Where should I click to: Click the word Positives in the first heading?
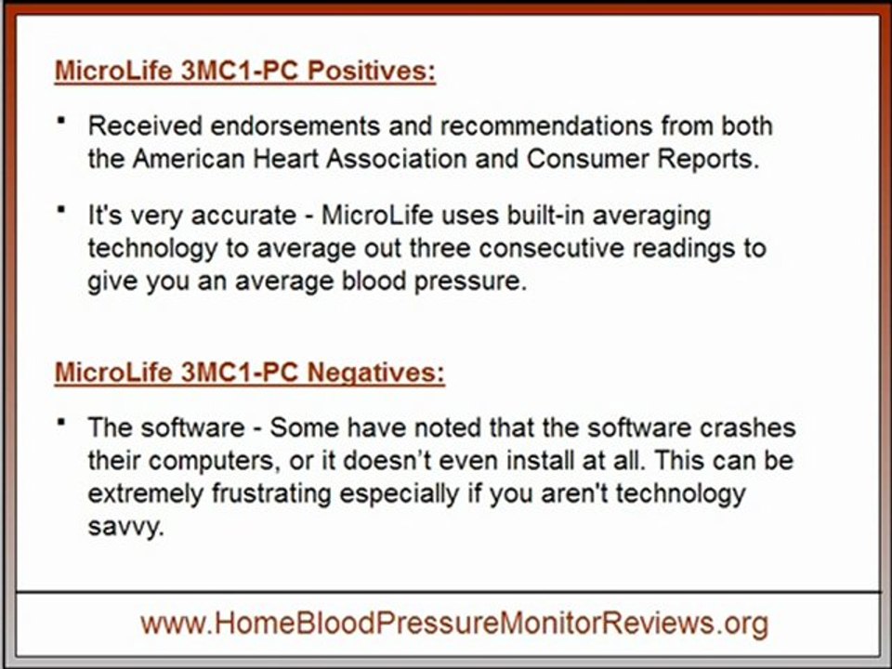(372, 72)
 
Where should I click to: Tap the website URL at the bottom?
(454, 623)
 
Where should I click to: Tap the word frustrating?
(268, 493)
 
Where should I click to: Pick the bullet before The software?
(61, 422)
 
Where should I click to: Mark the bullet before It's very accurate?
(61, 210)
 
